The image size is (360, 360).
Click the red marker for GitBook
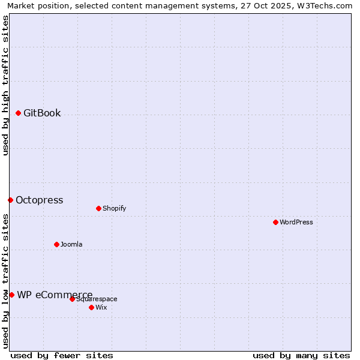[x=19, y=113]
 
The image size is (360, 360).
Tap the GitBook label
[x=42, y=113]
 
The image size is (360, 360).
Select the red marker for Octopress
[x=11, y=200]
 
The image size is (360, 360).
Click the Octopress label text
[x=39, y=200]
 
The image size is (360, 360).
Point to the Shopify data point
[x=99, y=208]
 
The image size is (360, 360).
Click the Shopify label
[x=114, y=209]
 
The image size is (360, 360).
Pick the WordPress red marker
[x=276, y=222]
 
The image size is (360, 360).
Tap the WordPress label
[x=296, y=223]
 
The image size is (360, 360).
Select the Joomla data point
[x=57, y=244]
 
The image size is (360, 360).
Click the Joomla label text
[x=71, y=245]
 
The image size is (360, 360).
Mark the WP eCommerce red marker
[x=12, y=295]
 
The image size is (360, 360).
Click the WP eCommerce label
[x=55, y=295]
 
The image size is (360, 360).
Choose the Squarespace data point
[x=73, y=299]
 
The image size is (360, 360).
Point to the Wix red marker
[x=92, y=307]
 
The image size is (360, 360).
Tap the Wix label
[x=101, y=308]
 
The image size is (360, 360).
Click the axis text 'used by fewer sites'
[x=62, y=355]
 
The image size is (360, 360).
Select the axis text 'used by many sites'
[x=301, y=355]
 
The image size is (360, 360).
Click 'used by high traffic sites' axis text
[x=6, y=85]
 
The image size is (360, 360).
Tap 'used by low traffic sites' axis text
[x=6, y=281]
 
